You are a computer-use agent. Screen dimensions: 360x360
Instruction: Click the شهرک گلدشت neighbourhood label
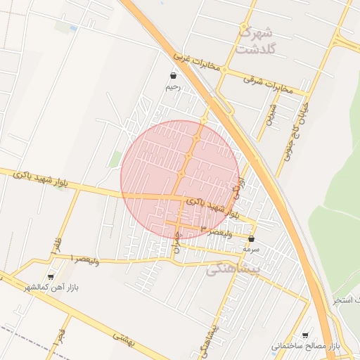[x=255, y=40]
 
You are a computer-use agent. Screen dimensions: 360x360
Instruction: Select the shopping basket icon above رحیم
[x=173, y=76]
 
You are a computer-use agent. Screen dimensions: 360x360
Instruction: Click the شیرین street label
[x=269, y=115]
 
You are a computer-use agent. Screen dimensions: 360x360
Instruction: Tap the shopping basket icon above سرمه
[x=251, y=239]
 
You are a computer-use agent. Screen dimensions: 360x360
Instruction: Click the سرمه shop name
[x=251, y=249]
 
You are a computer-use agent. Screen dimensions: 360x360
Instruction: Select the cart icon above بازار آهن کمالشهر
[x=50, y=277]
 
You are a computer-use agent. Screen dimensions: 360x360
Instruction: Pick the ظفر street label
[x=55, y=245]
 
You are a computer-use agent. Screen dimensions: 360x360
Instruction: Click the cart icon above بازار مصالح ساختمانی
[x=304, y=336]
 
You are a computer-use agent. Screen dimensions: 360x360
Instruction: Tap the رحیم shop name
[x=173, y=88]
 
